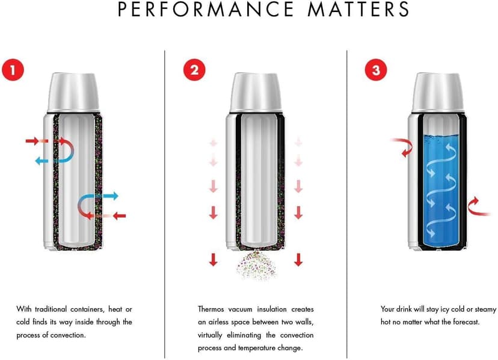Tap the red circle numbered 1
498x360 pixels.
pyautogui.click(x=13, y=70)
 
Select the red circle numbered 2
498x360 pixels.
pyautogui.click(x=194, y=70)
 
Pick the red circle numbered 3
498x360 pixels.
pyautogui.click(x=376, y=70)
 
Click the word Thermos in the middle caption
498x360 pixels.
pyautogui.click(x=211, y=309)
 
